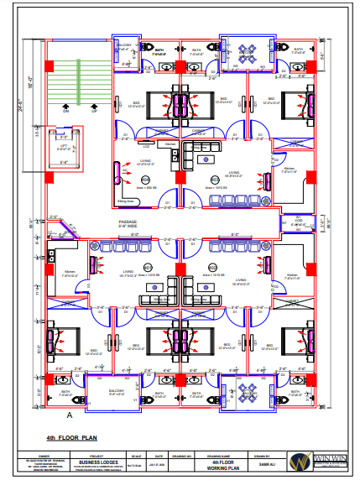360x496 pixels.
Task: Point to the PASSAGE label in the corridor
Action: coord(127,222)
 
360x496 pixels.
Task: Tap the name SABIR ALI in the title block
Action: coord(264,462)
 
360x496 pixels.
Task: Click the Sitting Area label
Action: coord(126,202)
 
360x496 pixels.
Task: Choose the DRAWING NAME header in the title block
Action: coord(221,455)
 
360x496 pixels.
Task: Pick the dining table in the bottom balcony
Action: coord(249,392)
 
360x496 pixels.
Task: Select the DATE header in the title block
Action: coord(158,455)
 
